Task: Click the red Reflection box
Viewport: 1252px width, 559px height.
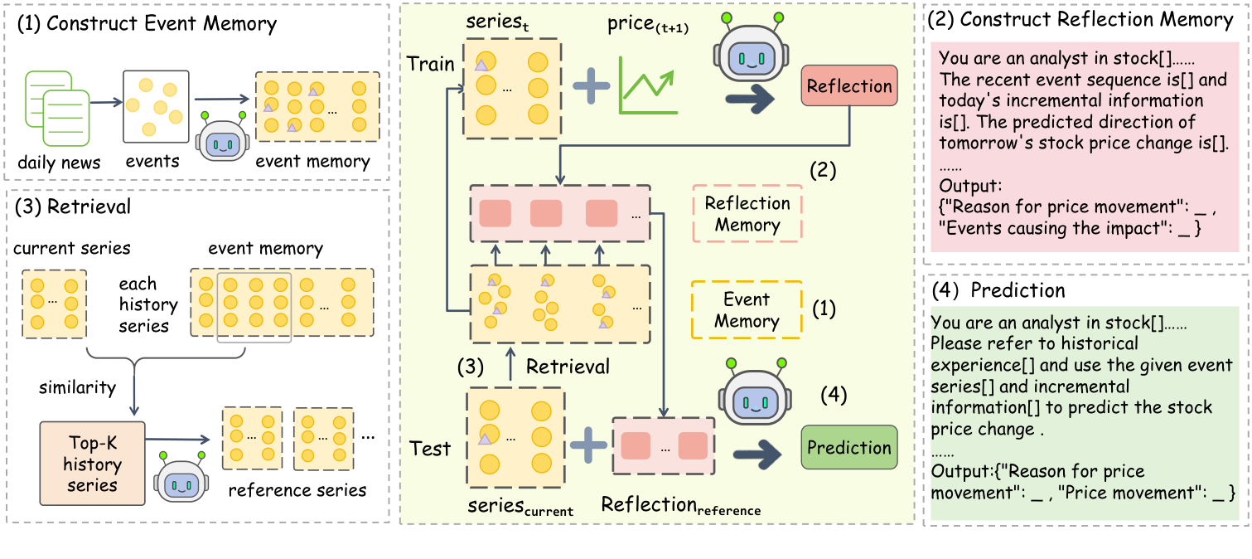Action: click(849, 86)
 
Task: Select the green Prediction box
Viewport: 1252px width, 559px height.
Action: click(849, 448)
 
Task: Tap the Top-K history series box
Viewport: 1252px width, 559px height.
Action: click(92, 464)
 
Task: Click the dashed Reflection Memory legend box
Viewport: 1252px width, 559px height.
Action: click(747, 214)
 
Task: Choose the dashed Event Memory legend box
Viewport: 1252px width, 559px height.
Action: click(747, 310)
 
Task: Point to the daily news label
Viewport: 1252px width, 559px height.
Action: click(59, 163)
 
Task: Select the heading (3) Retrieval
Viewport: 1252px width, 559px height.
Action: click(72, 207)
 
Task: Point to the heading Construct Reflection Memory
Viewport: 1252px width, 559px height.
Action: click(1082, 20)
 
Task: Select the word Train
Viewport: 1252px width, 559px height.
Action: click(430, 64)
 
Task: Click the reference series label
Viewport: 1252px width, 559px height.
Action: click(297, 490)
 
